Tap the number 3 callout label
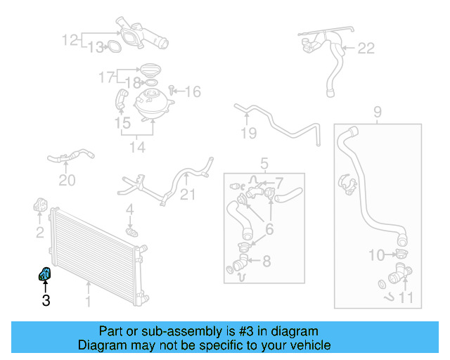coord(46,302)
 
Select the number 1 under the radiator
coord(88,302)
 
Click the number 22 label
coord(366,49)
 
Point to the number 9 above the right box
coord(377,111)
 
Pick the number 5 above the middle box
coord(264,164)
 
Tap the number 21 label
coord(188,194)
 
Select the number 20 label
coord(66,181)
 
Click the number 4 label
coord(129,210)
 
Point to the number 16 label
coord(193,91)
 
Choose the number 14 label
coord(136,148)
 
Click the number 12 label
coord(70,39)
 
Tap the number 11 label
coord(406,297)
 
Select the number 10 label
coord(378,254)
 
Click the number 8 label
coord(266,262)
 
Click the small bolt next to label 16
coord(172,91)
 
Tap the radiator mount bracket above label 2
coord(38,206)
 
